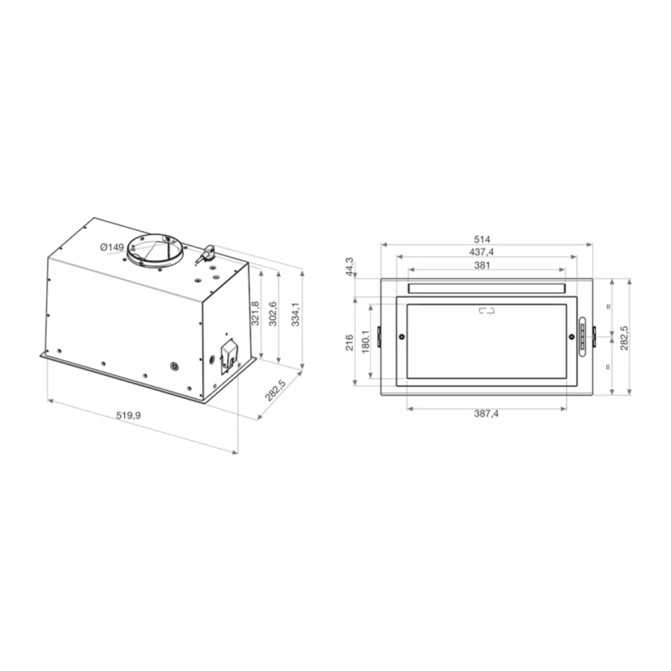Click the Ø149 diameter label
[x=112, y=247]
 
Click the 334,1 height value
[x=296, y=314]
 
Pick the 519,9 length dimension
[x=128, y=416]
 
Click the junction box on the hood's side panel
[x=229, y=354]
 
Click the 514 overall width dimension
[x=485, y=239]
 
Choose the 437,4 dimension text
[x=485, y=251]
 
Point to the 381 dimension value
[x=485, y=264]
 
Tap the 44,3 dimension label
[x=351, y=266]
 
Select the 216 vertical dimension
[x=350, y=341]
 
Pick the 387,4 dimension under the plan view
[x=485, y=414]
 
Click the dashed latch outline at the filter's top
[x=486, y=311]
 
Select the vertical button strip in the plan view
[x=582, y=337]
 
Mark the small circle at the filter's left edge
[x=402, y=337]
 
